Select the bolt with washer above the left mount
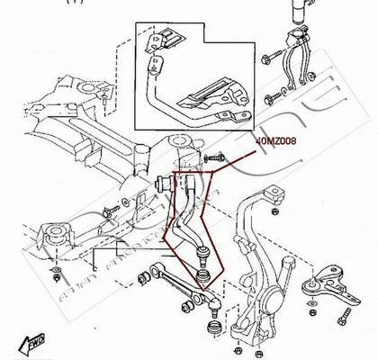(109, 213)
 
